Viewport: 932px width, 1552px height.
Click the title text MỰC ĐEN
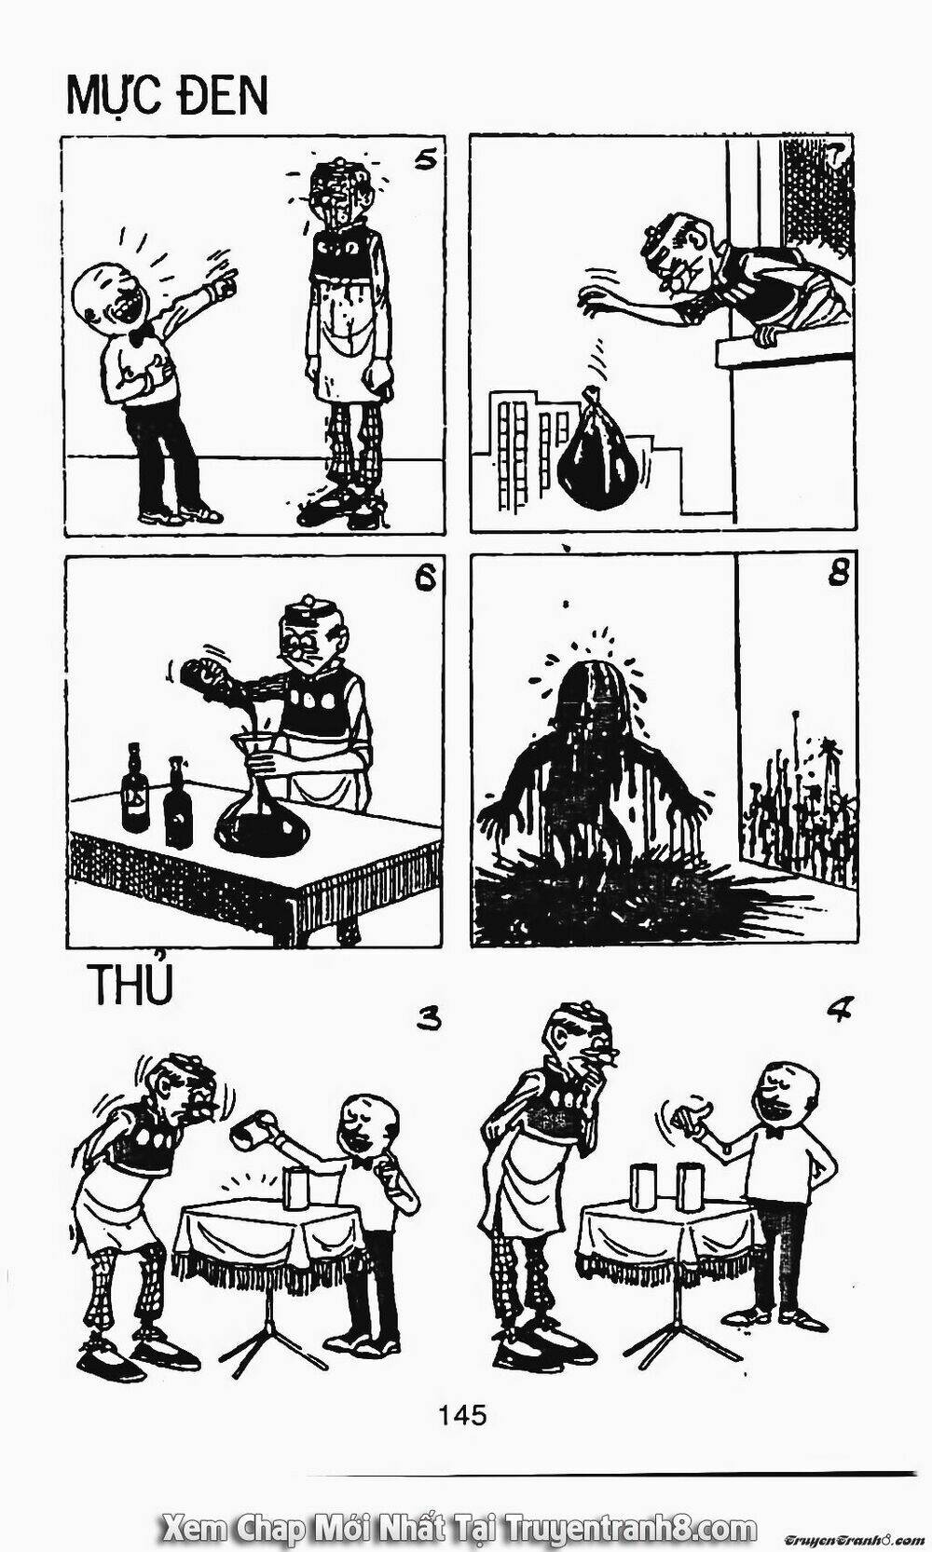point(167,95)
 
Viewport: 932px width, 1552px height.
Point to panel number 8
point(836,573)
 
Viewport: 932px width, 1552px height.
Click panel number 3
point(428,1019)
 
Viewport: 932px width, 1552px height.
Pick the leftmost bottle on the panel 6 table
point(136,791)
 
